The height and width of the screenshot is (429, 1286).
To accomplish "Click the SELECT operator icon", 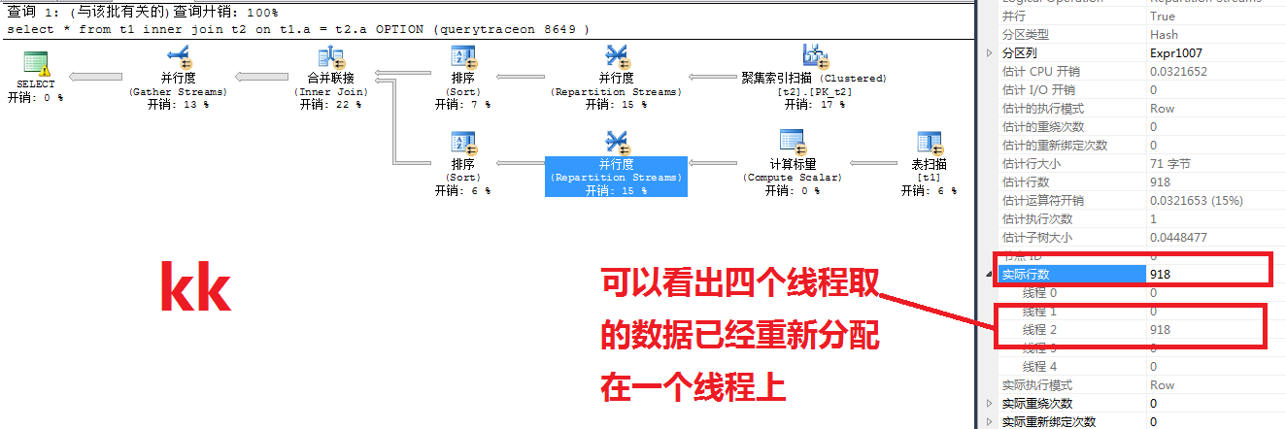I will (37, 64).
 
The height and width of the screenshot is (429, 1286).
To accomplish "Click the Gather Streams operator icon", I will (178, 58).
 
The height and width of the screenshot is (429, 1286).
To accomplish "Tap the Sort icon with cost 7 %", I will (463, 57).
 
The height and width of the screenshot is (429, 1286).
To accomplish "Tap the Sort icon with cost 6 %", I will (463, 144).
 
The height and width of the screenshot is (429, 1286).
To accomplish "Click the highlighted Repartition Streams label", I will (616, 178).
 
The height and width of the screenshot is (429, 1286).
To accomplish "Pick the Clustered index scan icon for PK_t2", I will (814, 57).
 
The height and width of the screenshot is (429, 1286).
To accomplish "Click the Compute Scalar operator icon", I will (793, 144).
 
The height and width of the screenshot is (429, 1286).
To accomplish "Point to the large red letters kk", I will (195, 288).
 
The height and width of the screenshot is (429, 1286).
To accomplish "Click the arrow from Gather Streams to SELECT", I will (97, 77).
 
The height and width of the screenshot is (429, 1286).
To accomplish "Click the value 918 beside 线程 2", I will (1160, 330).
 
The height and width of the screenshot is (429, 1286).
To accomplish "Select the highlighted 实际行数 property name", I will (1029, 275).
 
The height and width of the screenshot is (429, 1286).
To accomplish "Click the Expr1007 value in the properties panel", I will (1172, 53).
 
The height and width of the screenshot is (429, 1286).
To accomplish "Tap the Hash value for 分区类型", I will (1163, 35).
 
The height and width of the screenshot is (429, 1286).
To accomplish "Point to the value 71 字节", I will (1170, 164).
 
